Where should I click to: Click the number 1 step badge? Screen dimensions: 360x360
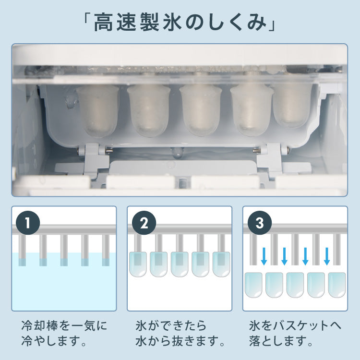point(27,223)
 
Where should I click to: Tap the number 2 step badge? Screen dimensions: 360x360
point(143,223)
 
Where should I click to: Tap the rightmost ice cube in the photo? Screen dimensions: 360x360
point(292,106)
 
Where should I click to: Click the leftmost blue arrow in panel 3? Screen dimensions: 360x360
point(264,256)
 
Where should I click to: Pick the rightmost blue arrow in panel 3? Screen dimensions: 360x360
point(327,256)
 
